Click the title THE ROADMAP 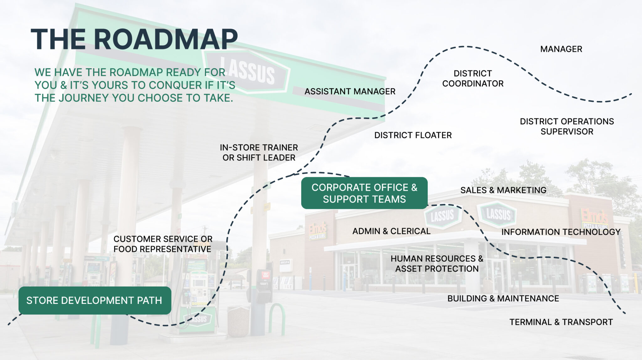click(134, 39)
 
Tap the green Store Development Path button click(95, 300)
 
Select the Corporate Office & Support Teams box click(364, 193)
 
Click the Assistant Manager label click(350, 91)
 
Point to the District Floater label click(413, 135)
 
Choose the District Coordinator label click(473, 78)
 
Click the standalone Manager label click(561, 49)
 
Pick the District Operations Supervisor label click(567, 126)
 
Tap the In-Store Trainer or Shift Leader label click(259, 152)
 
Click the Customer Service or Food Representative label click(163, 244)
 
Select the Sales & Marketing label click(503, 190)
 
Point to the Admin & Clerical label click(391, 231)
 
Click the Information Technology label click(561, 232)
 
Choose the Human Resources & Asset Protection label click(437, 263)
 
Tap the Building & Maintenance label click(503, 298)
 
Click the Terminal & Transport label click(561, 322)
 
